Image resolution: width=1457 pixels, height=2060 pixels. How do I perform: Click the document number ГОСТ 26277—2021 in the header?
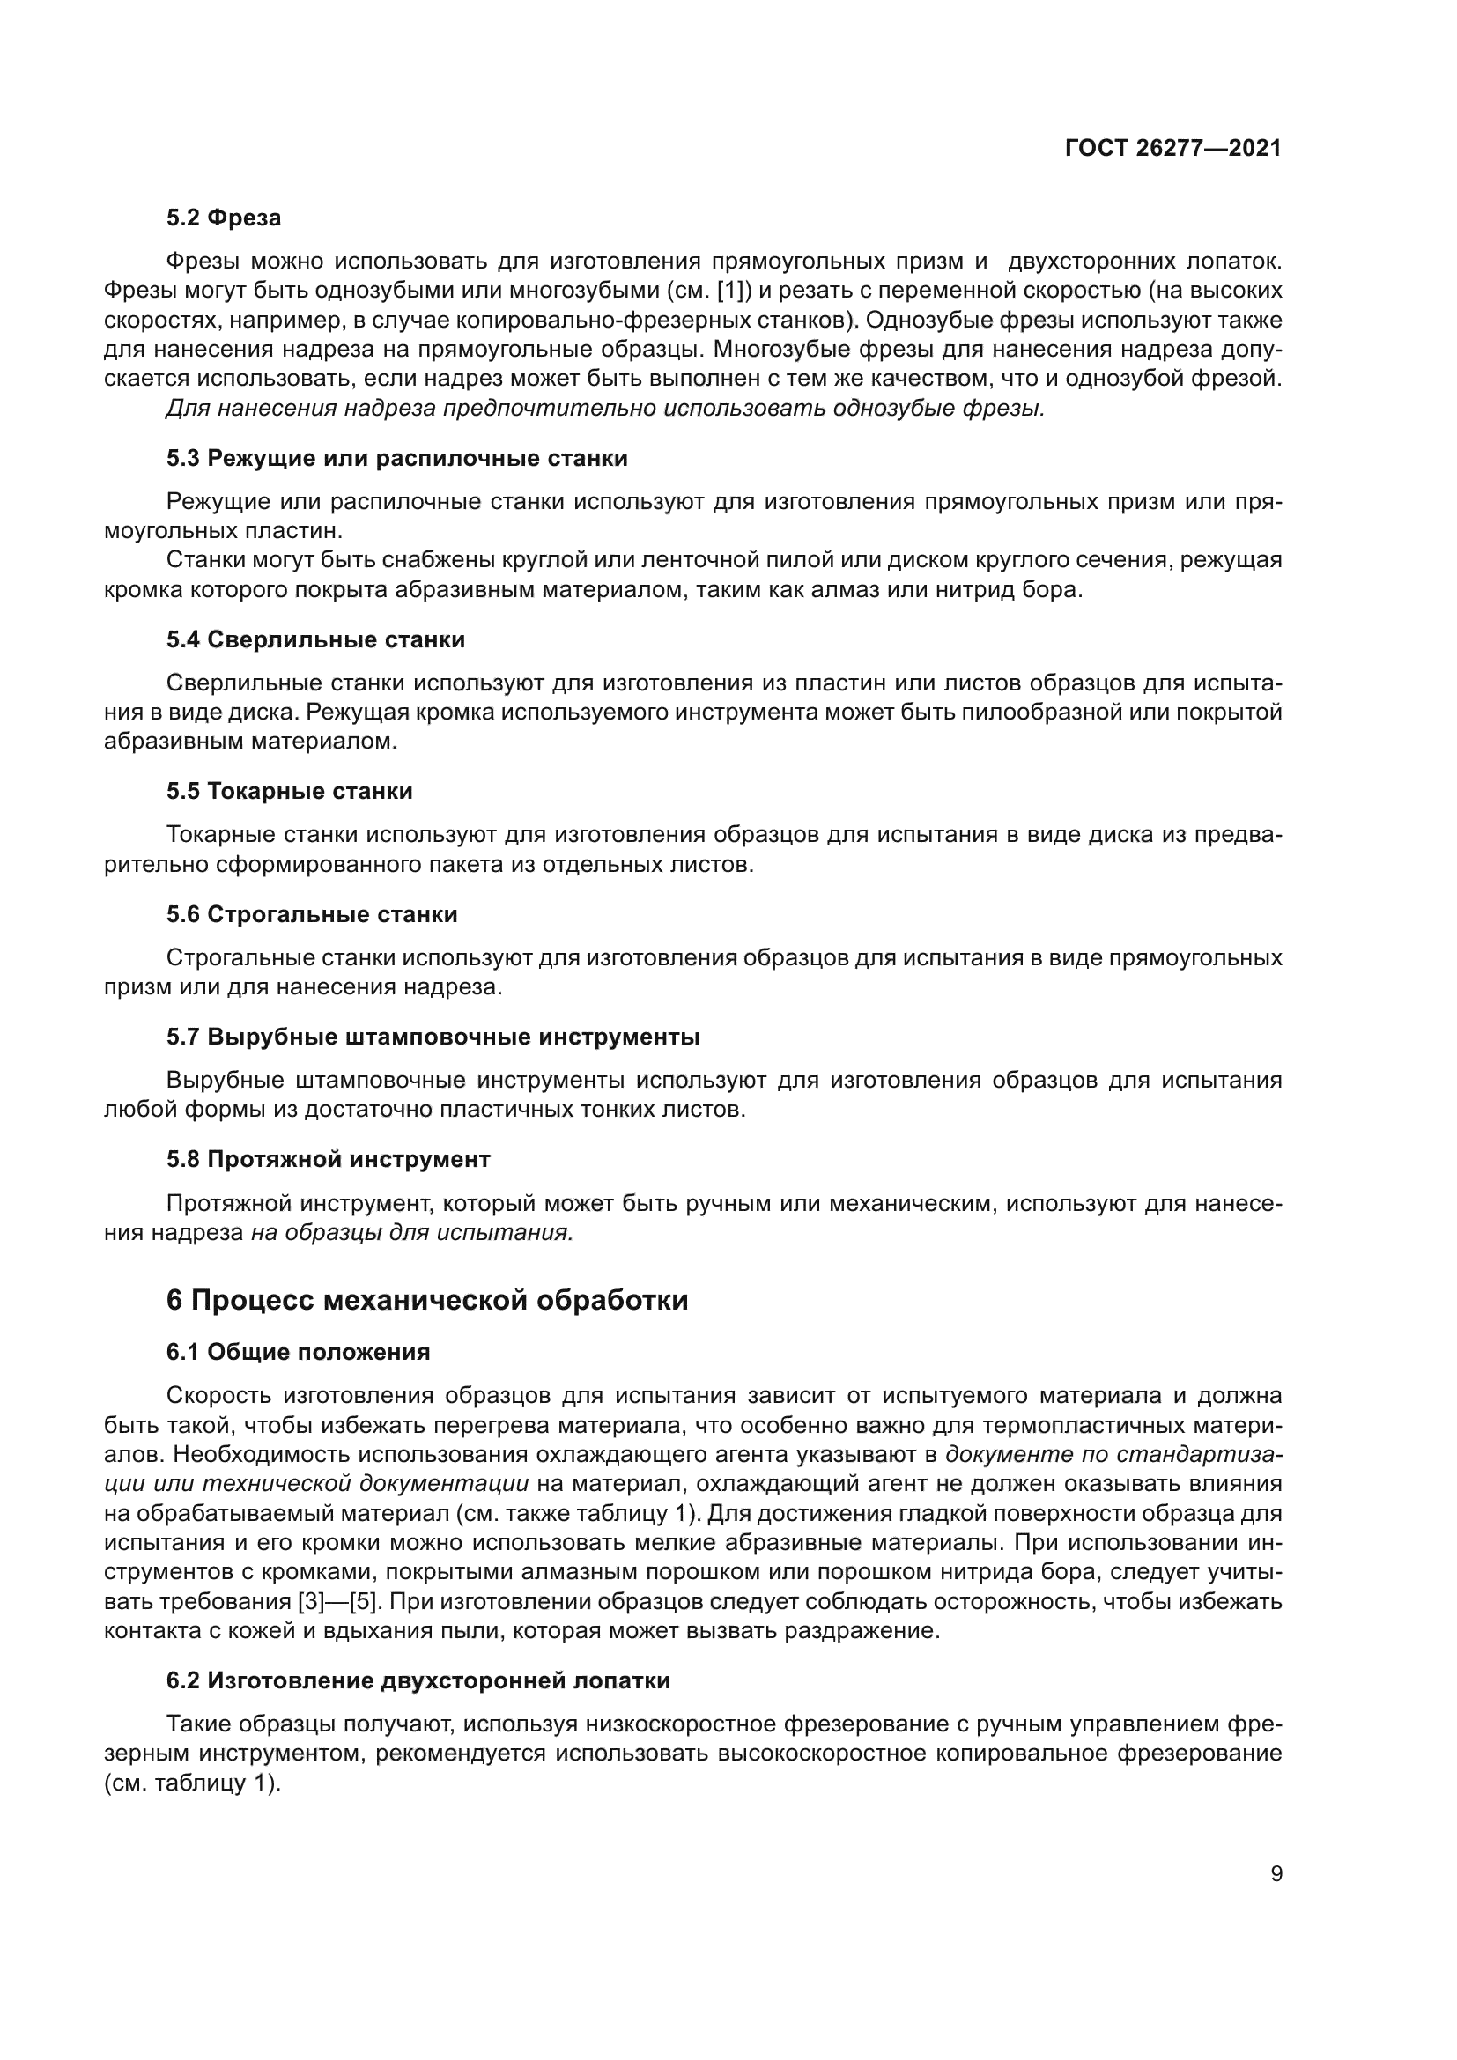[x=1172, y=148]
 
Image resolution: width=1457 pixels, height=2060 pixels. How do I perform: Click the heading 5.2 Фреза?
[x=224, y=218]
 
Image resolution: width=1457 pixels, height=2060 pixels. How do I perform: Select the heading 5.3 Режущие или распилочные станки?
[x=396, y=459]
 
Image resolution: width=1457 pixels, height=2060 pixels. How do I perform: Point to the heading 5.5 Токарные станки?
[x=289, y=792]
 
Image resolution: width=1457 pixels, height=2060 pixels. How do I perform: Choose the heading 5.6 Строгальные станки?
[x=311, y=914]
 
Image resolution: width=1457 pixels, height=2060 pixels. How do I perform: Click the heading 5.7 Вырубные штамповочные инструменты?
[x=433, y=1037]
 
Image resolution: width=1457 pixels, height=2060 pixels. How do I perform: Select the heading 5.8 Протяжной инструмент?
[x=329, y=1159]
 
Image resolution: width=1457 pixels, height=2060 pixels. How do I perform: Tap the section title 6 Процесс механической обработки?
[x=427, y=1300]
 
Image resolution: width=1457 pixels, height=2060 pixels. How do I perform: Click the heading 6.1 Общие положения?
[x=298, y=1352]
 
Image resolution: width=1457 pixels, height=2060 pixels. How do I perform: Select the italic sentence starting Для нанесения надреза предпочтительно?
[x=605, y=409]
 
